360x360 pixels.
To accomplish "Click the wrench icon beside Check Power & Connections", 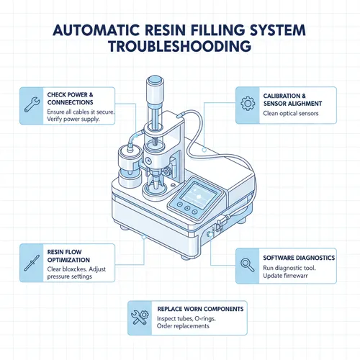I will [33, 105].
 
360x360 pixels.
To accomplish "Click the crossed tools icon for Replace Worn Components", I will [140, 317].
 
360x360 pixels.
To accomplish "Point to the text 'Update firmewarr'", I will [289, 275].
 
